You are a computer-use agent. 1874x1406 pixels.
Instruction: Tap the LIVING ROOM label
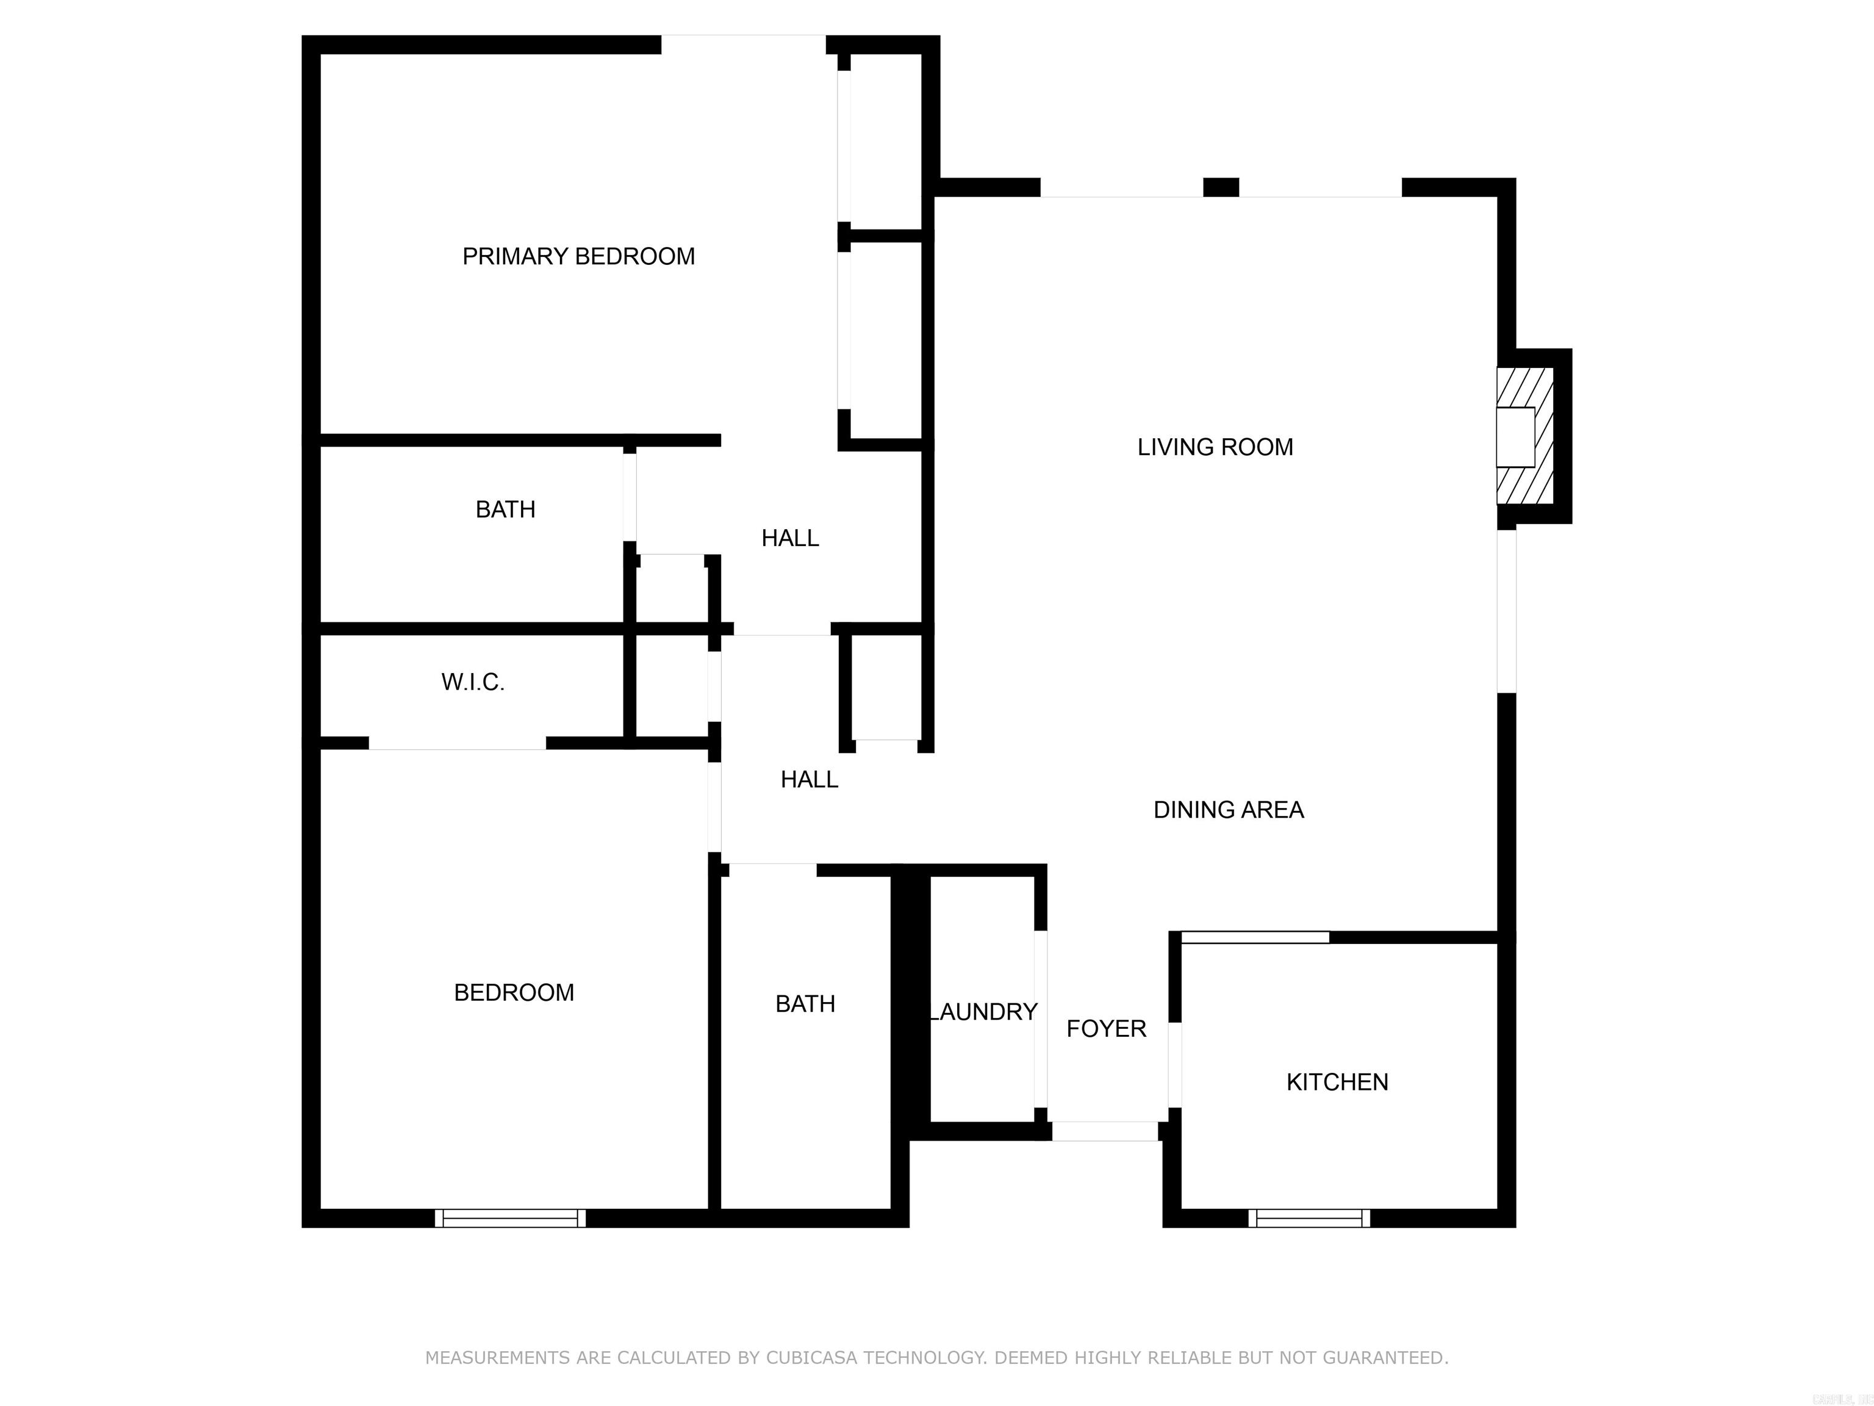pos(1215,447)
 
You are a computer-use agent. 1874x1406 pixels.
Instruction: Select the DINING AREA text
pos(1229,809)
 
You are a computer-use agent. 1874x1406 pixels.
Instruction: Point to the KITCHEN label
pos(1337,1081)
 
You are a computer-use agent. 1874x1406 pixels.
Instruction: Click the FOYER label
pos(1105,1028)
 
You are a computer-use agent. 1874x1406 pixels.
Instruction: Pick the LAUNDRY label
pos(983,1011)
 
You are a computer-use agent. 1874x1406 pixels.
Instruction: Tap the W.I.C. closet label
pos(473,682)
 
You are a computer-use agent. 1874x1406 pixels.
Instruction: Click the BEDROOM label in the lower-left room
pos(514,992)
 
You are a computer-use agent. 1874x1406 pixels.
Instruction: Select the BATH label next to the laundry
pos(805,1003)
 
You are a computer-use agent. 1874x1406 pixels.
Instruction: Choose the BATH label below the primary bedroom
pos(505,508)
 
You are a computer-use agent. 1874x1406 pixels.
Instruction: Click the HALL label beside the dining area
pos(809,779)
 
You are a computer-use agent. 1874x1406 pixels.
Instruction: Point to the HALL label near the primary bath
pos(789,537)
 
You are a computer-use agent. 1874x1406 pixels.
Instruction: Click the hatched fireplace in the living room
pos(1525,436)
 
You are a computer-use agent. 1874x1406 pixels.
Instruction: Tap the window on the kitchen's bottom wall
pos(1309,1218)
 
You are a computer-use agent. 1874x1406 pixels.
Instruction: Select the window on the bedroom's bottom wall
pos(510,1218)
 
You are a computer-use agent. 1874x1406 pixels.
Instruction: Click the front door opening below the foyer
pos(1105,1131)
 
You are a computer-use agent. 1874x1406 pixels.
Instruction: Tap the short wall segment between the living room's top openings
pos(1221,187)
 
